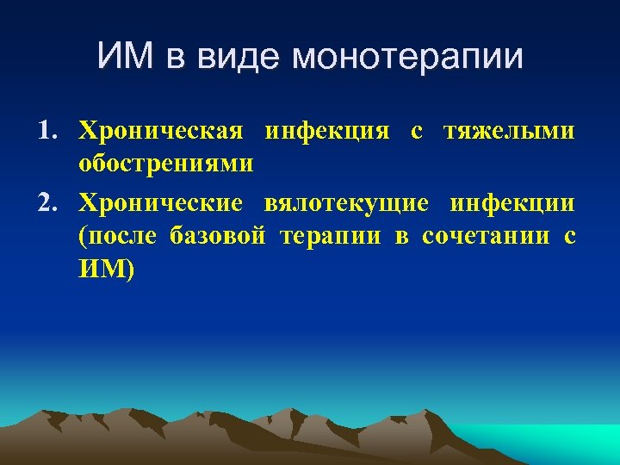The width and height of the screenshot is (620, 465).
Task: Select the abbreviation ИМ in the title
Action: coord(125,58)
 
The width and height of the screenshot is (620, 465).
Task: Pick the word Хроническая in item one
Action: coord(163,132)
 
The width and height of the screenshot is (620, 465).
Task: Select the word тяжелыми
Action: coord(509,132)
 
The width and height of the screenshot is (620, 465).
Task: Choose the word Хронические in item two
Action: coord(163,203)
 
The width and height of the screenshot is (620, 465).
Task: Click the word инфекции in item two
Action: coord(513,203)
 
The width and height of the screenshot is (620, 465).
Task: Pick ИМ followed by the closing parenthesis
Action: coord(107,270)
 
